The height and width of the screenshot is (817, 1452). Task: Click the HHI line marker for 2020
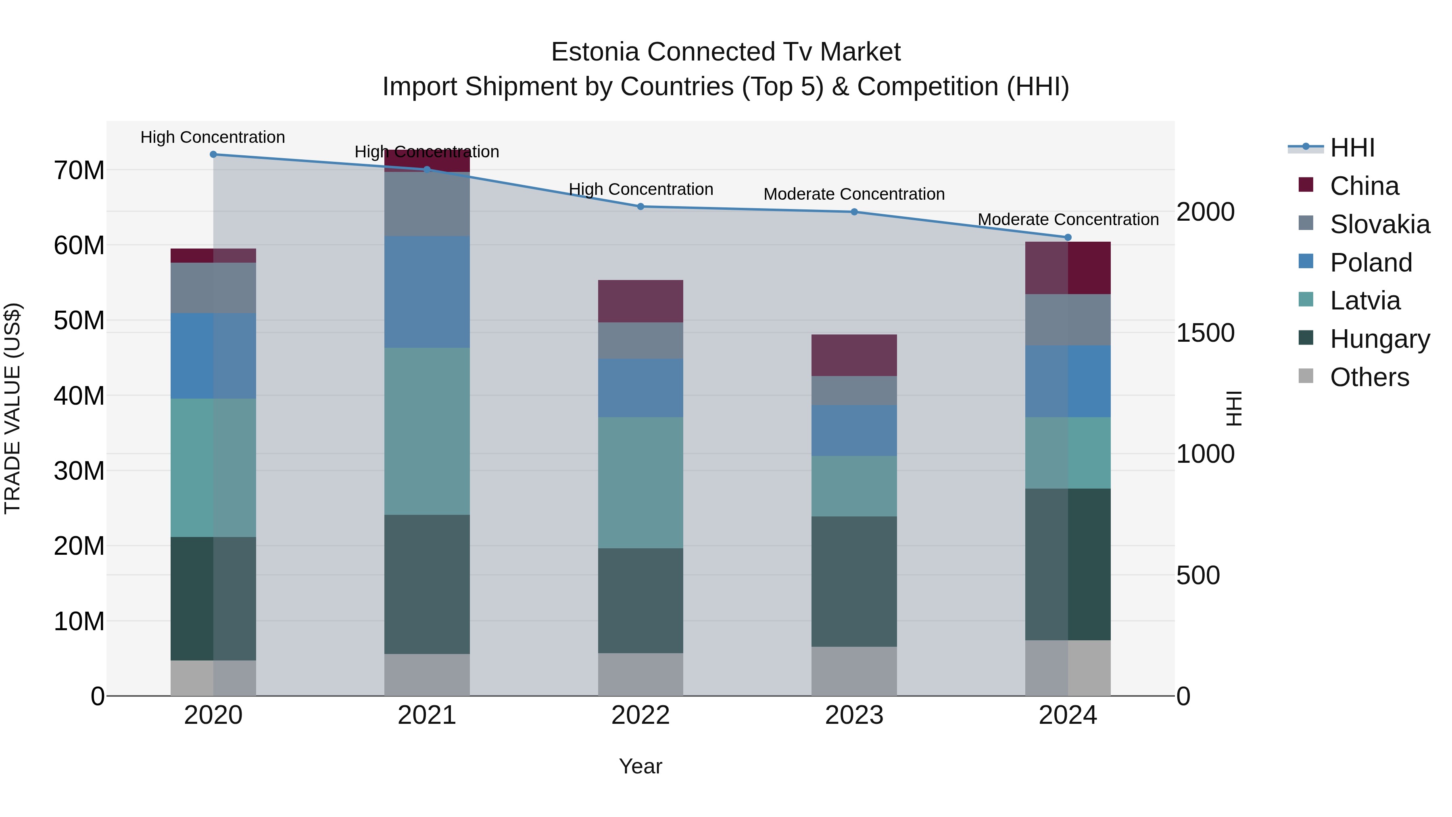pos(213,155)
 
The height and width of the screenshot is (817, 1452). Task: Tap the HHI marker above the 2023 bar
pos(854,212)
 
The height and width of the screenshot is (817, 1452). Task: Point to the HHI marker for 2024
pos(1068,237)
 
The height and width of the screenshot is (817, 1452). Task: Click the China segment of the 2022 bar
pos(640,301)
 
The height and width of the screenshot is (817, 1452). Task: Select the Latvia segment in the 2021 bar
pos(427,431)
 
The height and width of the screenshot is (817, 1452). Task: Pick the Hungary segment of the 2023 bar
pos(854,581)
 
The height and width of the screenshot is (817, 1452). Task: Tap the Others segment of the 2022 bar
pos(640,674)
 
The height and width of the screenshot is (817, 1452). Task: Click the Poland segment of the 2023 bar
pos(854,430)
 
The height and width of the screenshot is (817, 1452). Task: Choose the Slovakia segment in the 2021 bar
pos(427,204)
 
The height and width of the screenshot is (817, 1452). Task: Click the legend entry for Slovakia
pos(1379,224)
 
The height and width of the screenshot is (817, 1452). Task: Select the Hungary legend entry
pos(1379,339)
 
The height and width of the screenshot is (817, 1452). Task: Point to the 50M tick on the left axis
pos(79,321)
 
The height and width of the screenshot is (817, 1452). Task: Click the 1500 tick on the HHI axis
pos(1205,333)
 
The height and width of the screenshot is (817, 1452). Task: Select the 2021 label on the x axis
pos(427,715)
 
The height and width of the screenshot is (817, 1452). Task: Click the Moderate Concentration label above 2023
pos(854,194)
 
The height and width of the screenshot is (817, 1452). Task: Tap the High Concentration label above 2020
pos(213,138)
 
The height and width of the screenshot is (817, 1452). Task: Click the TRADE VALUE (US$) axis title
pos(13,408)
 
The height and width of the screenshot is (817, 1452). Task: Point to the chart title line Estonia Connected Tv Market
pos(726,52)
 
